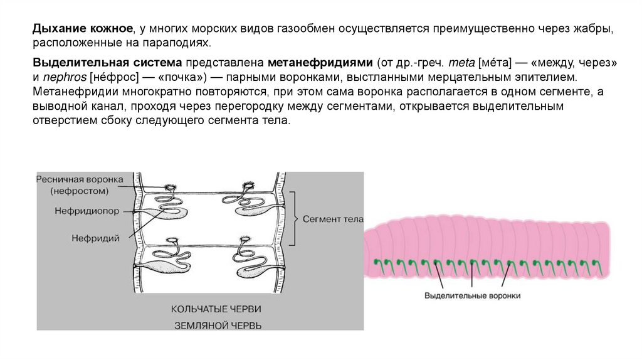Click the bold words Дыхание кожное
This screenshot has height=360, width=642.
(82, 30)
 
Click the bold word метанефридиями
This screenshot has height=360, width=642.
(320, 64)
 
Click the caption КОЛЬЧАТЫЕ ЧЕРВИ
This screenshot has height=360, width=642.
(216, 309)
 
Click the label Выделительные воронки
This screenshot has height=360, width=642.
(473, 295)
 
